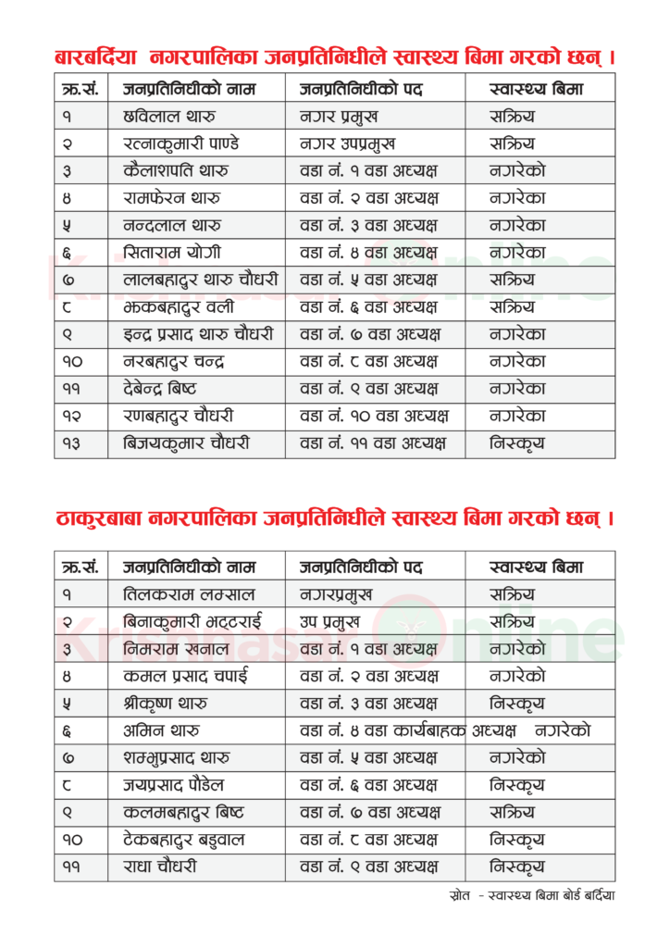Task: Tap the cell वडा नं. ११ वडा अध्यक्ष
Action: point(373,443)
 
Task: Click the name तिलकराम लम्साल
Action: point(189,594)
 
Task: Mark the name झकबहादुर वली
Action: point(178,306)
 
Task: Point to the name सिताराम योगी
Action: point(171,252)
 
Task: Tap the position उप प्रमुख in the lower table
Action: point(329,621)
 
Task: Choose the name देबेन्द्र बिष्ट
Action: point(159,389)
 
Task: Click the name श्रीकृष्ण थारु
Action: point(166,704)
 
